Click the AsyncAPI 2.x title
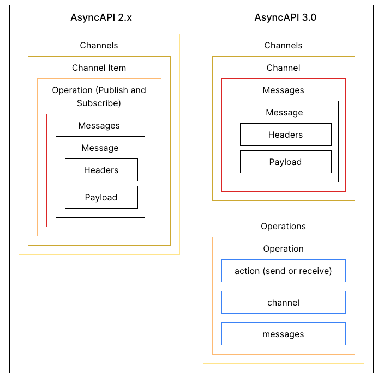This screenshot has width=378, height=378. [101, 17]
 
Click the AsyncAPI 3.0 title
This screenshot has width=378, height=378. [285, 17]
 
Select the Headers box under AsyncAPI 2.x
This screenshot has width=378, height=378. [101, 170]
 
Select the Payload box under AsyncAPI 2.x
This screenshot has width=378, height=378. [101, 197]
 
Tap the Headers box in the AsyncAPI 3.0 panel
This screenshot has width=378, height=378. [285, 135]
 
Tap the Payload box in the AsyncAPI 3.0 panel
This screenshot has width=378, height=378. [285, 162]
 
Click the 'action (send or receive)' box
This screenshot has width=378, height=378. [283, 271]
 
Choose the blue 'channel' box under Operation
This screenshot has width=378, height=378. [283, 302]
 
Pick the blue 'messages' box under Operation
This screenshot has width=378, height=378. [283, 334]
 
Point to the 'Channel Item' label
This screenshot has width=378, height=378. [99, 68]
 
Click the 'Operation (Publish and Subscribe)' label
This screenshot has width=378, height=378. [99, 96]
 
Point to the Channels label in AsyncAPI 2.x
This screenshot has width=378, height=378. [99, 46]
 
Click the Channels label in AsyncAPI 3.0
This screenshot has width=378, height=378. [283, 46]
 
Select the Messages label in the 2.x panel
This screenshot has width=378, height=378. [99, 125]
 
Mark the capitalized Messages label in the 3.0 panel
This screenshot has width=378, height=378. [283, 90]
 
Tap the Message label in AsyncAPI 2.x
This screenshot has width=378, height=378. [100, 148]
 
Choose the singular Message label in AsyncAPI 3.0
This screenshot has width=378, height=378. [284, 112]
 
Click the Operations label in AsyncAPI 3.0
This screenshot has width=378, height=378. [283, 226]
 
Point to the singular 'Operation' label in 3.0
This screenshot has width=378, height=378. [283, 248]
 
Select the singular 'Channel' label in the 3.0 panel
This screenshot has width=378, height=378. [283, 68]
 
